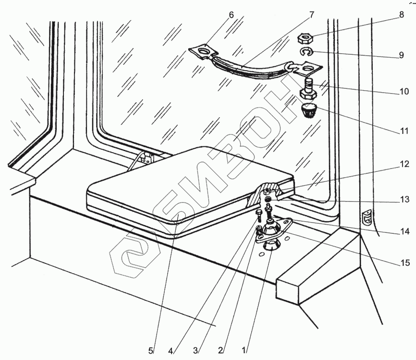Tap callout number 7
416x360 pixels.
pos(311,14)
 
